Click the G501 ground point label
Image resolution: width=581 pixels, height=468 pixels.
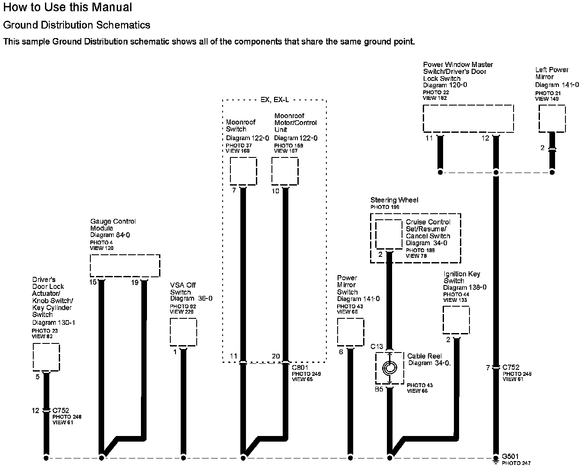coord(510,456)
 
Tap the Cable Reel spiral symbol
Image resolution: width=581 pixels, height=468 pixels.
coord(389,368)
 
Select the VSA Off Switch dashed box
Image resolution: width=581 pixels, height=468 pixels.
coord(183,332)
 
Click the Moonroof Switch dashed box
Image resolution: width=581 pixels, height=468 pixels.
coord(243,171)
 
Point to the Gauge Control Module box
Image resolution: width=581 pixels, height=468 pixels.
coord(125,266)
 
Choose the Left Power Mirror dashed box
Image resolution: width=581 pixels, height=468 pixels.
coord(552,119)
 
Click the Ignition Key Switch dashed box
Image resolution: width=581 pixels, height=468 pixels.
coord(456,320)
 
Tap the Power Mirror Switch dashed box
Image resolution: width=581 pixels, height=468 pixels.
coord(351,332)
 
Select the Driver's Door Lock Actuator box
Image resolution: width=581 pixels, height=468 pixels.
coord(46,357)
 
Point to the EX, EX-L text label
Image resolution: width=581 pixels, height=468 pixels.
coord(275,100)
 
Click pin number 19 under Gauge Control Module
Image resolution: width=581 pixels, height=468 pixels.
coord(135,282)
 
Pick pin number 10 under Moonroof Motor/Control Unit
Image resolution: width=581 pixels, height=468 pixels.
coord(275,191)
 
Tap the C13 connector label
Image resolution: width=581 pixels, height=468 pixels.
coord(377,346)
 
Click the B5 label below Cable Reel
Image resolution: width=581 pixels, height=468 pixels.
coord(379,389)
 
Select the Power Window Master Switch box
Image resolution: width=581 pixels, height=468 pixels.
coord(468,118)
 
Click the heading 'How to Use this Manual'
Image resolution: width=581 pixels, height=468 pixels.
coord(67,7)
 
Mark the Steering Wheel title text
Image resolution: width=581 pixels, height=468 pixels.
coord(394,200)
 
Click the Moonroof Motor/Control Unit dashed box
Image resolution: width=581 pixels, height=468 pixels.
coord(285,171)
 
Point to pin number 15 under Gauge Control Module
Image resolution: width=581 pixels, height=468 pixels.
coord(93,282)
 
